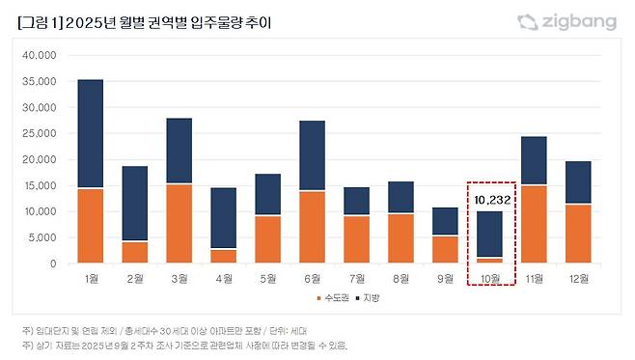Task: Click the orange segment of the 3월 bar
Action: (179, 223)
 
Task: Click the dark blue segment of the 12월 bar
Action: (578, 182)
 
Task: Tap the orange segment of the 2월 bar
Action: (134, 252)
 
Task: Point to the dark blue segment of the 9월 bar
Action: (446, 221)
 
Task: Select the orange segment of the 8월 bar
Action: (401, 238)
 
